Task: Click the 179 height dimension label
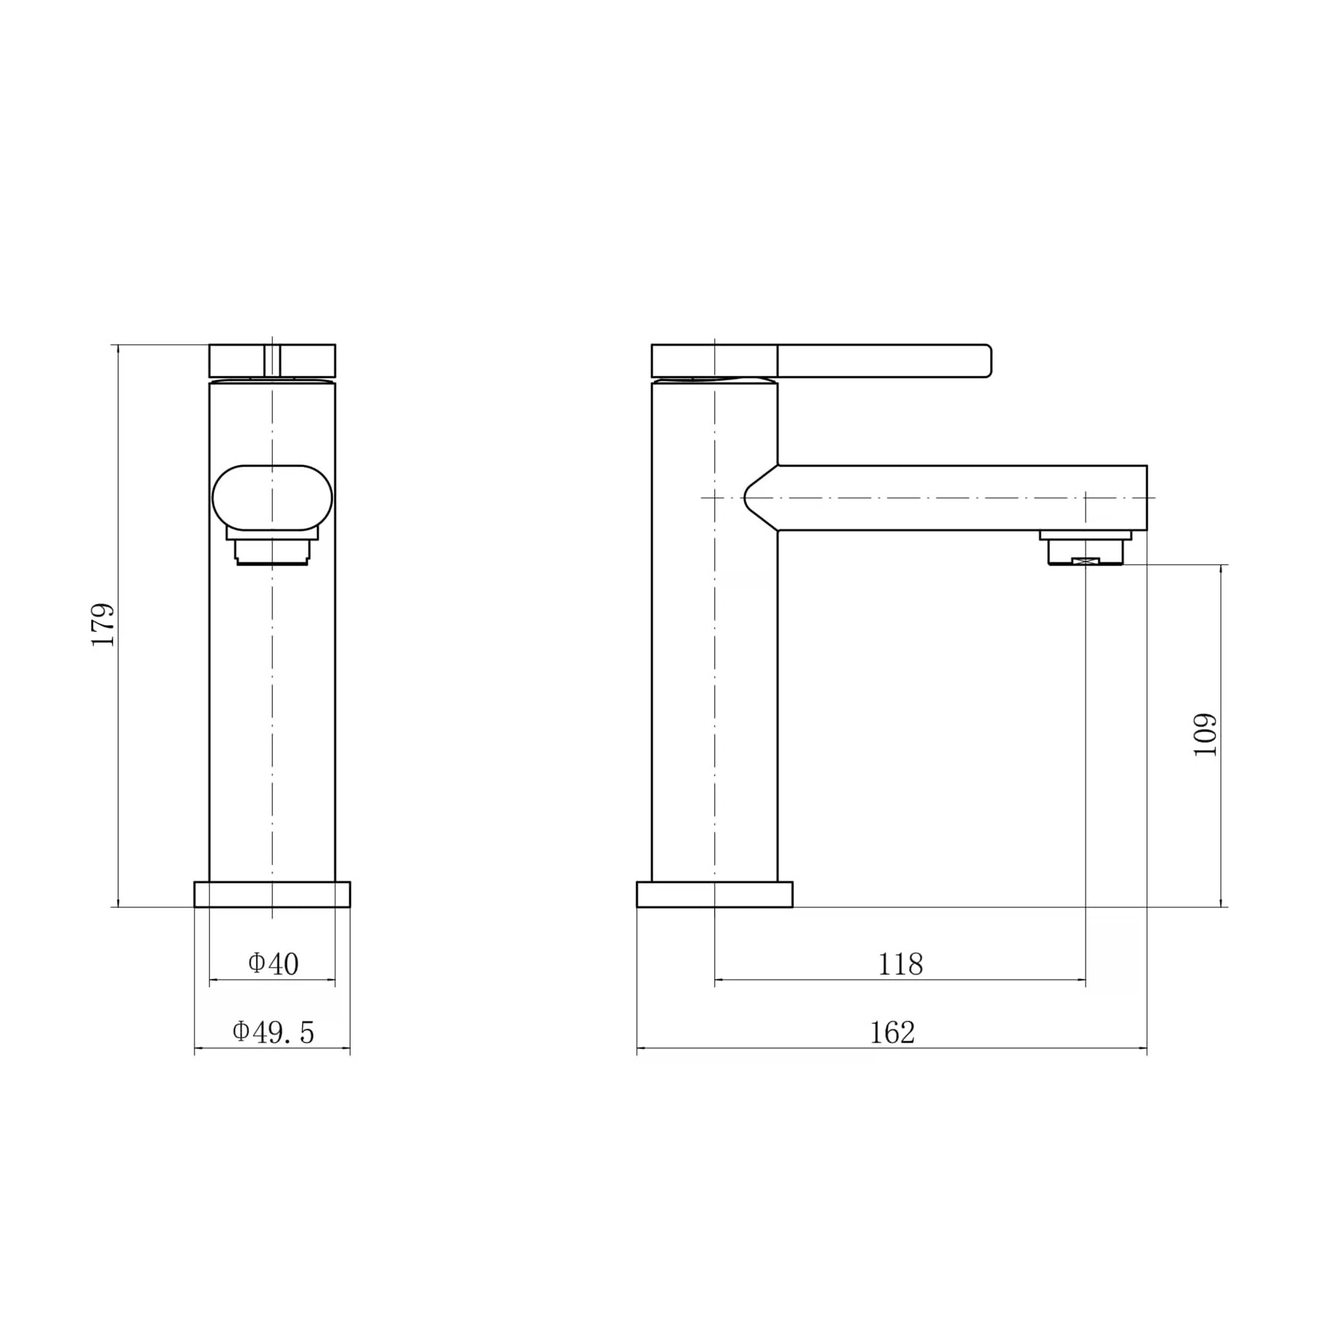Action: point(103,625)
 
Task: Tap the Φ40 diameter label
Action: point(273,964)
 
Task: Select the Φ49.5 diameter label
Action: point(273,1032)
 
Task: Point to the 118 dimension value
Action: point(900,964)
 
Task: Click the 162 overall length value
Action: point(892,1033)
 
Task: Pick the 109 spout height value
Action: point(1206,734)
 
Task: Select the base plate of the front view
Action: point(272,894)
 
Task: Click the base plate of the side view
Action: point(714,894)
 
